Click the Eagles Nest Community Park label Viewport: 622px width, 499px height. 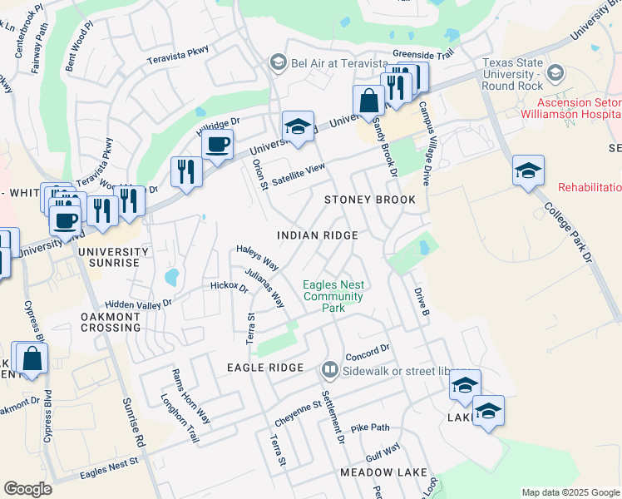[x=333, y=296]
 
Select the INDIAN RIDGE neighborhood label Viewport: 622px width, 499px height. [x=317, y=235]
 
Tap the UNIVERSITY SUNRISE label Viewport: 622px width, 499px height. [x=113, y=257]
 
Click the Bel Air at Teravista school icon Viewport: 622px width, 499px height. [x=278, y=63]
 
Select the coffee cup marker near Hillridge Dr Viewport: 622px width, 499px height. [x=218, y=144]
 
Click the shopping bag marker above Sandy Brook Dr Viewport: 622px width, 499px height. [x=368, y=101]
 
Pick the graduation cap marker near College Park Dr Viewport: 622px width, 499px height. [x=528, y=170]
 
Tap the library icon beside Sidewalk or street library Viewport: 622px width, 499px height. [x=330, y=368]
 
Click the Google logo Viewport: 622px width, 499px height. [x=27, y=489]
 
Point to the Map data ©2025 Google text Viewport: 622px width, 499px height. [x=570, y=492]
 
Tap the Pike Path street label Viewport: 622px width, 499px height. [x=370, y=427]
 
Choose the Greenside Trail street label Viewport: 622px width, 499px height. [x=422, y=53]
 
